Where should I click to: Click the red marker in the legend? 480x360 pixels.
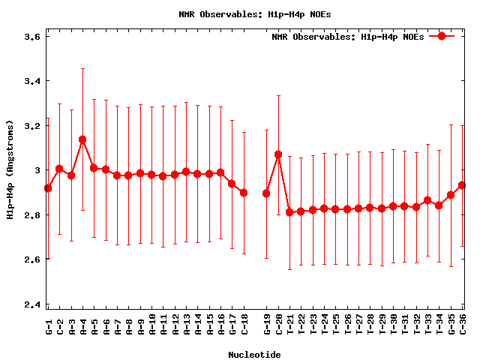coord(442,36)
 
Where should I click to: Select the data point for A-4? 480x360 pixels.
coord(82,139)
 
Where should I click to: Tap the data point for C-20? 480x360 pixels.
coord(278,154)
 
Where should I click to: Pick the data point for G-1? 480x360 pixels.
coord(48,188)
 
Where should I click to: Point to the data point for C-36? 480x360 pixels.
coord(463,185)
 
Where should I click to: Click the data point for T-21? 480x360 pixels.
coord(289,212)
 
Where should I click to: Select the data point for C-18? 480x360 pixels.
coord(244,193)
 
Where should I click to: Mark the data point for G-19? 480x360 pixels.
coord(266,193)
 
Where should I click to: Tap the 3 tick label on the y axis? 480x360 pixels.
coord(36,170)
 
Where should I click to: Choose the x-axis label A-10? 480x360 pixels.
coord(151,325)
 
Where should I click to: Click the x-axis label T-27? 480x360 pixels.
coord(358,325)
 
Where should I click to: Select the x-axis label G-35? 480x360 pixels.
coord(451,325)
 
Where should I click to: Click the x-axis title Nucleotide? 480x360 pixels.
coord(254,355)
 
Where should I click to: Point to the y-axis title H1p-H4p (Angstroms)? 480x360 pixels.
coord(10,170)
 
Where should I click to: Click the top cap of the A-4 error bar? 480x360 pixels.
coord(82,68)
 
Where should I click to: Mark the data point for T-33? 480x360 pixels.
coord(427,200)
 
